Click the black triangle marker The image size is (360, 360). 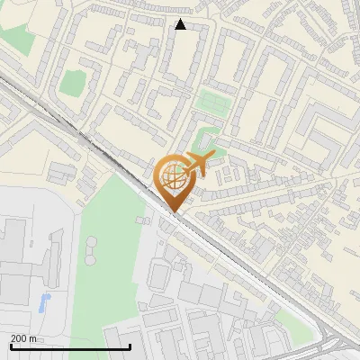[x=181, y=24]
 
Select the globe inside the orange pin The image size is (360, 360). [x=172, y=176]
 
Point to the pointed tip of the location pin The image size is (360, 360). [x=172, y=212]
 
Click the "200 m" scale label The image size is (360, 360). [x=24, y=338]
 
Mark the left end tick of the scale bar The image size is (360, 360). [x=10, y=346]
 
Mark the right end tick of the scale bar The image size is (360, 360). [x=130, y=346]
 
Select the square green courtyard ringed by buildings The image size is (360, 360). [x=73, y=82]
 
